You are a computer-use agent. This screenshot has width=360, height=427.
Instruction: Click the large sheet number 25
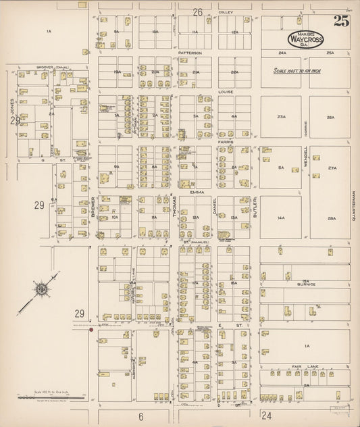click(340, 21)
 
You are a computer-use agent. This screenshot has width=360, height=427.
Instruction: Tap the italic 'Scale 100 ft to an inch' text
click(301, 70)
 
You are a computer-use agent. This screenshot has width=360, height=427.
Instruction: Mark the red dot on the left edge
click(91, 330)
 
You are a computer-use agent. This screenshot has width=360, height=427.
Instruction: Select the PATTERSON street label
click(190, 53)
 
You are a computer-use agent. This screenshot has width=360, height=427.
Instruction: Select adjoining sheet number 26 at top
click(197, 12)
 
